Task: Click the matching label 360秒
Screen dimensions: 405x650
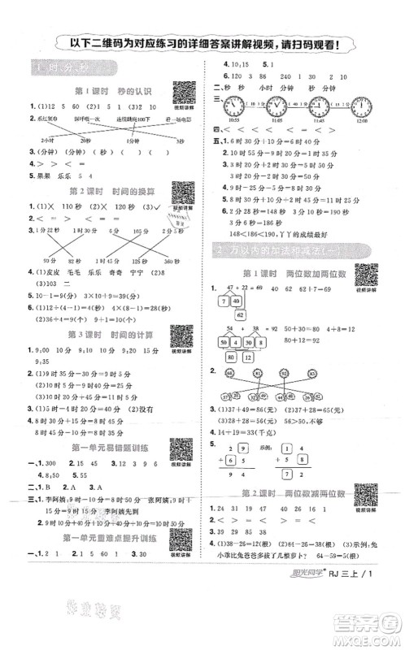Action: coord(170,262)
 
